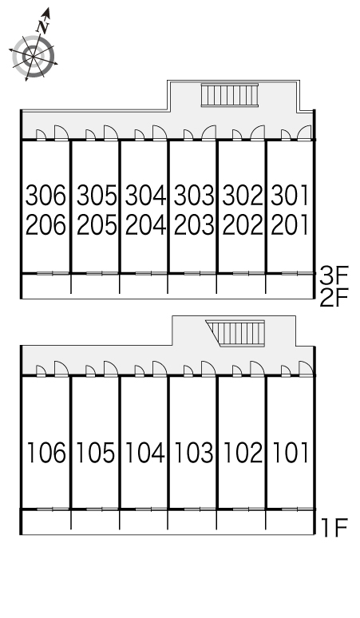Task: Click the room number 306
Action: tap(45, 195)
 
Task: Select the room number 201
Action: tap(290, 225)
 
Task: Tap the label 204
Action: tap(145, 225)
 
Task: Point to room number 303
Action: tap(194, 195)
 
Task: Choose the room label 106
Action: tap(46, 452)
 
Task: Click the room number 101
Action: tap(291, 452)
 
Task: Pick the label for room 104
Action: tap(144, 452)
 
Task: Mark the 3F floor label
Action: tap(334, 276)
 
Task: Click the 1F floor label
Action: tap(334, 528)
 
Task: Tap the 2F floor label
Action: tap(334, 299)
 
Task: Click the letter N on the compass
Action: tap(43, 26)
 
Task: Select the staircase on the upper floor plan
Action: tap(230, 95)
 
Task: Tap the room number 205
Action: tap(97, 225)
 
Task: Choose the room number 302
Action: tap(243, 195)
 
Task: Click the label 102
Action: tap(243, 452)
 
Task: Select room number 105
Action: tap(96, 452)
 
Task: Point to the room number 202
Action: tap(243, 225)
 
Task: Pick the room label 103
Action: tap(194, 452)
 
